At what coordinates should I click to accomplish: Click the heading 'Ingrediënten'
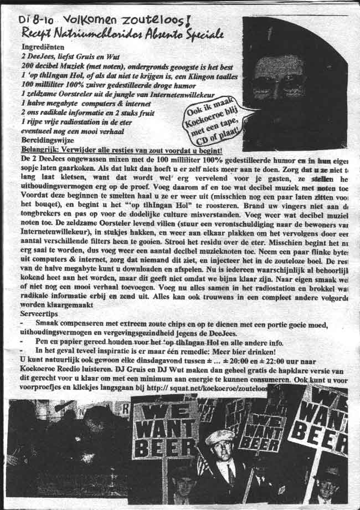tap(44, 48)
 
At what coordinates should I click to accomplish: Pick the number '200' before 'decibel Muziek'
tap(29, 65)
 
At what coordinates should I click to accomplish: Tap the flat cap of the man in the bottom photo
tap(220, 437)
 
